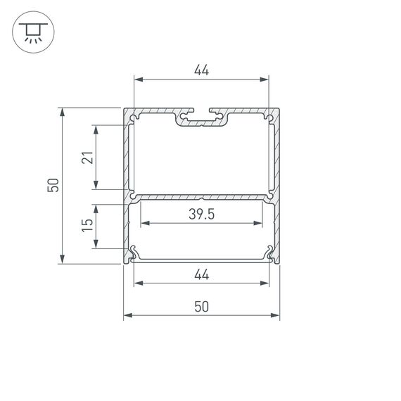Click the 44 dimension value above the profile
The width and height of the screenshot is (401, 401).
pyautogui.click(x=201, y=70)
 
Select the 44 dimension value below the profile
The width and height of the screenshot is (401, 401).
pyautogui.click(x=201, y=275)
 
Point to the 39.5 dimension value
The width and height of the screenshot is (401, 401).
pyautogui.click(x=201, y=215)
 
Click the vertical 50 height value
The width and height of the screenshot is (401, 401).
pyautogui.click(x=52, y=185)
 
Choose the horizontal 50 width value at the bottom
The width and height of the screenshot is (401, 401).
pyautogui.click(x=201, y=307)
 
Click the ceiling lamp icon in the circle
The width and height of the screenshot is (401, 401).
pyautogui.click(x=30, y=31)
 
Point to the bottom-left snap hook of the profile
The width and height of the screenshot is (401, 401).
pyautogui.click(x=132, y=253)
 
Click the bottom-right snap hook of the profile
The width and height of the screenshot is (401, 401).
pyautogui.click(x=270, y=253)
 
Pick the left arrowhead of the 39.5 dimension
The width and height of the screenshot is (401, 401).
pyautogui.click(x=145, y=224)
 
